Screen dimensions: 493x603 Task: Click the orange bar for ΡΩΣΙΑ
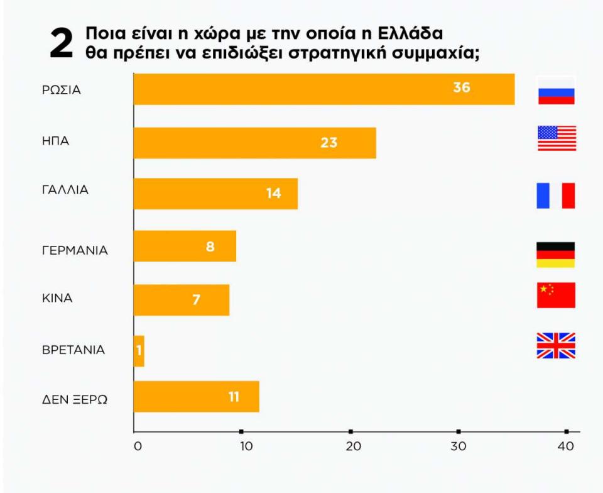(323, 89)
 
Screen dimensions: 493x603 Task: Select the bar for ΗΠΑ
(254, 143)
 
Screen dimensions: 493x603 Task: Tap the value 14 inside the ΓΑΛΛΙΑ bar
(273, 194)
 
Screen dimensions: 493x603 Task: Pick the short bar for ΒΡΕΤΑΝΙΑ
(139, 351)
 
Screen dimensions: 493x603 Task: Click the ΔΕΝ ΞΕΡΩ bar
(196, 397)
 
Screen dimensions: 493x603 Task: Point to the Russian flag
(556, 90)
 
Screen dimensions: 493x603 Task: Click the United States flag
(557, 138)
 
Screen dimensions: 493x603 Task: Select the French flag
(556, 196)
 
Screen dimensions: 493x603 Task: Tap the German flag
(556, 255)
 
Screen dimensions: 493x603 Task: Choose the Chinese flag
(556, 295)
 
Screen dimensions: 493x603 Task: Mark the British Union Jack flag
(556, 346)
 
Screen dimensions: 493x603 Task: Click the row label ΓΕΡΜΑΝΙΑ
(75, 251)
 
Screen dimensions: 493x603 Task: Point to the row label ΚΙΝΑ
(57, 298)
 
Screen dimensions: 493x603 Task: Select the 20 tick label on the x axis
(353, 446)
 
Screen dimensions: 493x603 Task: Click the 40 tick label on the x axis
(567, 446)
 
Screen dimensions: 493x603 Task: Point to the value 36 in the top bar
(462, 88)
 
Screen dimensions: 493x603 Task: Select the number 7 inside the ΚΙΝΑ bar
(196, 300)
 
